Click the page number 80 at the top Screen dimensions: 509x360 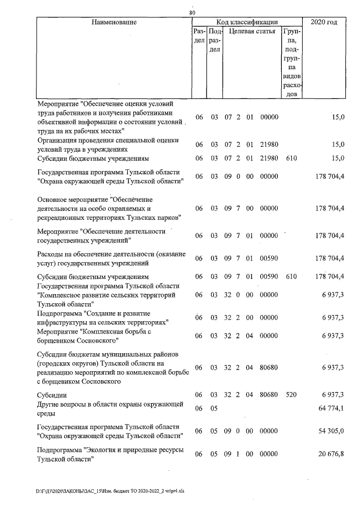click(x=192, y=12)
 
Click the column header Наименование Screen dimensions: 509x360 click(x=114, y=22)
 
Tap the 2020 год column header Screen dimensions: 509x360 click(x=324, y=22)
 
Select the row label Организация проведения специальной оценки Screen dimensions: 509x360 click(x=107, y=145)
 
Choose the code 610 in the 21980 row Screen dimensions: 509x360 click(x=291, y=158)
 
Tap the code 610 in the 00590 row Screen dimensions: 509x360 click(x=291, y=277)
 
